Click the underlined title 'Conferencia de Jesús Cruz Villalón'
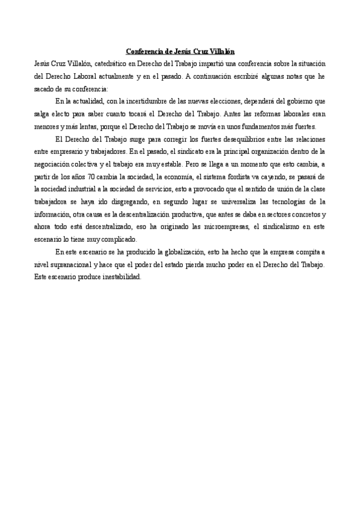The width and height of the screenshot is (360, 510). pyautogui.click(x=180, y=52)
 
